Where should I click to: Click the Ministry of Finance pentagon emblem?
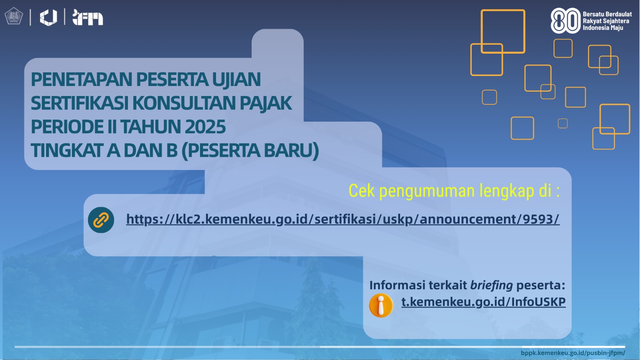14,16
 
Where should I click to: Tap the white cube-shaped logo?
48,18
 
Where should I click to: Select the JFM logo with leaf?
88,18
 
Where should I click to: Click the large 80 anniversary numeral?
566,20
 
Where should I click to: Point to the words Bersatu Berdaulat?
607,14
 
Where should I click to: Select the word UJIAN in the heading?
236,79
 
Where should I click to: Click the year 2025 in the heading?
205,126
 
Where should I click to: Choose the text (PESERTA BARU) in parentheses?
250,150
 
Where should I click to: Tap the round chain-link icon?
101,220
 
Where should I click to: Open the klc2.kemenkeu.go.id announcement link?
342,220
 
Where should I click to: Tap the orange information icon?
381,305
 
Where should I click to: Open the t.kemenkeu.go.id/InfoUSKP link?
484,302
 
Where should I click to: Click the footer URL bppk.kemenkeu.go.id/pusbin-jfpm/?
573,353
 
